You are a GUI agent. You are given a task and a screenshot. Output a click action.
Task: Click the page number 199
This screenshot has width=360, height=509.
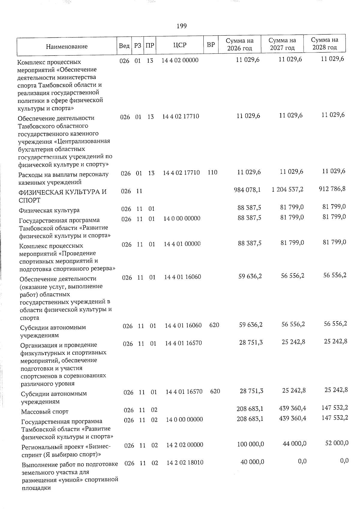pyautogui.click(x=181, y=26)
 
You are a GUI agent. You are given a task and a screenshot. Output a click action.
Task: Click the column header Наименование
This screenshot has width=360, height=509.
pyautogui.click(x=67, y=46)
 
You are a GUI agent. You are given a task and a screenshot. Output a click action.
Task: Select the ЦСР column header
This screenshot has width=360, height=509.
pyautogui.click(x=180, y=45)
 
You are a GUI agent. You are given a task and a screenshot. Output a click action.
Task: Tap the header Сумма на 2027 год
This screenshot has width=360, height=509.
pyautogui.click(x=282, y=44)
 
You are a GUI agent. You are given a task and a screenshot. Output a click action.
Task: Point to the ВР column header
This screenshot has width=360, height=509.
pyautogui.click(x=211, y=45)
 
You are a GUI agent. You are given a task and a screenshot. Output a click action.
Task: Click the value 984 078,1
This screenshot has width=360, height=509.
pyautogui.click(x=247, y=190)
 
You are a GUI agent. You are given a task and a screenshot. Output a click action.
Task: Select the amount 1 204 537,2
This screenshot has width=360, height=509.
pyautogui.click(x=287, y=189)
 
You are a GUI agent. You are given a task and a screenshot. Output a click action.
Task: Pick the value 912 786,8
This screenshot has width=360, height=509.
pyautogui.click(x=331, y=189)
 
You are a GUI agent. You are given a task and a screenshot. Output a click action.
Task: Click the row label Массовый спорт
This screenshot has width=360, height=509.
pyautogui.click(x=45, y=412)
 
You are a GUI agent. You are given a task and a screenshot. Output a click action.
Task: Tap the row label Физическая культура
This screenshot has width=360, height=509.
pyautogui.click(x=49, y=211)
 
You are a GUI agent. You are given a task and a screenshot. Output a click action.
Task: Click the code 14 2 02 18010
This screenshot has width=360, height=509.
pyautogui.click(x=185, y=463)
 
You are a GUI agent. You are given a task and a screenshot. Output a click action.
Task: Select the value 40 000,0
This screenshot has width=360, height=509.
pyautogui.click(x=252, y=462)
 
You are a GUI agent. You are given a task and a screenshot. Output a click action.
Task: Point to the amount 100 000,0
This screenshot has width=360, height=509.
pyautogui.click(x=250, y=444)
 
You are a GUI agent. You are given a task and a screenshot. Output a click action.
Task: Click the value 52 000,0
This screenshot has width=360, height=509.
pyautogui.click(x=337, y=443)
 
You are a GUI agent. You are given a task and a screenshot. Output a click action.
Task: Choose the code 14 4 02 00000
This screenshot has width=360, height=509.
pyautogui.click(x=180, y=60)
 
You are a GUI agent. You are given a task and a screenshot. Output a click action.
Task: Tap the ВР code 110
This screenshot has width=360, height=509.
pyautogui.click(x=212, y=172)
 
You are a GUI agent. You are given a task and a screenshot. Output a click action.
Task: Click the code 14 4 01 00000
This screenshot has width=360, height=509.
pyautogui.click(x=182, y=244)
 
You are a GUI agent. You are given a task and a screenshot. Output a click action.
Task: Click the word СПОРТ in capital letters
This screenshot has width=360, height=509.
pyautogui.click(x=29, y=200)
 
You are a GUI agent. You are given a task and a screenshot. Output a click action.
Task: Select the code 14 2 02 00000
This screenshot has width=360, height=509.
pyautogui.click(x=185, y=445)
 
